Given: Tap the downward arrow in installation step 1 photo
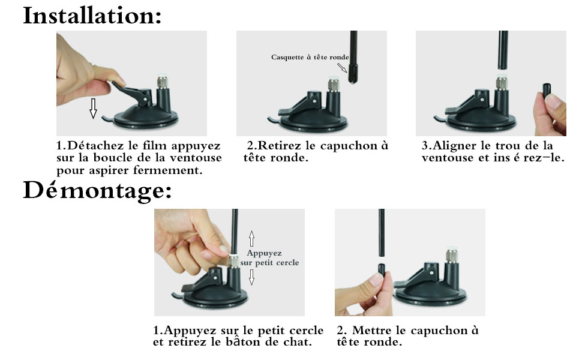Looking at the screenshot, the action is (93, 109).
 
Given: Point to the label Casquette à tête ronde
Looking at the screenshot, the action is (310, 57).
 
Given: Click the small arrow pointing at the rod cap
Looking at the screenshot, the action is (342, 68).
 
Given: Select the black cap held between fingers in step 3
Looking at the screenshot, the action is (547, 90).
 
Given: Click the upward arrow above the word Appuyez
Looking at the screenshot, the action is (251, 239).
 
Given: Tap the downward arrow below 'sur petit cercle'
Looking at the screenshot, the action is (251, 277).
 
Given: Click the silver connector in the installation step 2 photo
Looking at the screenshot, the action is (334, 84).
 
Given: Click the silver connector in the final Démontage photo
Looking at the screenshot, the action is (451, 256).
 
